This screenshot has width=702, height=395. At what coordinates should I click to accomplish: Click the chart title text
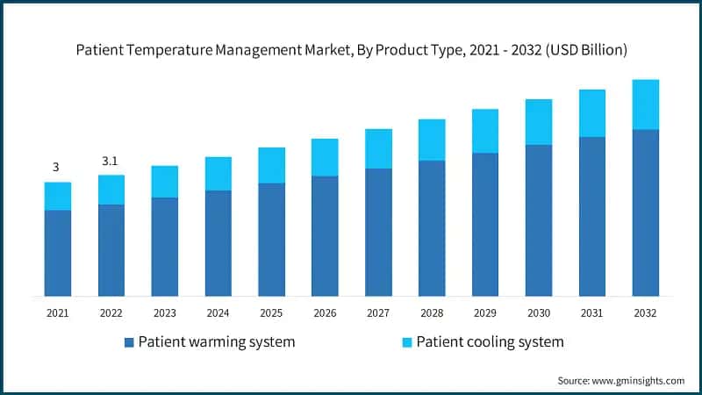351,50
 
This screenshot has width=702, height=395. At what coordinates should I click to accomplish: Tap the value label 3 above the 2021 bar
56,167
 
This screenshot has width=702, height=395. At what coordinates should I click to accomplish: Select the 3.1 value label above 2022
111,162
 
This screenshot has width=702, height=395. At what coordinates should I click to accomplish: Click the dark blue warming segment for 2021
57,253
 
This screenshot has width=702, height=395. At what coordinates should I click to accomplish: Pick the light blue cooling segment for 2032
645,104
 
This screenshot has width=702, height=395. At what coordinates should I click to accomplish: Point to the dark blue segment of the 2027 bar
378,232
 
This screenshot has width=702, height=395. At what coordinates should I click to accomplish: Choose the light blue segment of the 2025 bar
271,165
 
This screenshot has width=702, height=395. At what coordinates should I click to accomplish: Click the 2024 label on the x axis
218,312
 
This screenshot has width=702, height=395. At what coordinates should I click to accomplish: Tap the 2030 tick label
538,312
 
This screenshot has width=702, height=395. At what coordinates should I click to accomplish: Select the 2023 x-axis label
164,312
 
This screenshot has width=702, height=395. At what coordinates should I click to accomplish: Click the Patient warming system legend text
216,341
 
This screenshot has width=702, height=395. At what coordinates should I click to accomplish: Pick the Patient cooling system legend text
490,341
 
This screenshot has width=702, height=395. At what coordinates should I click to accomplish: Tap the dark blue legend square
130,341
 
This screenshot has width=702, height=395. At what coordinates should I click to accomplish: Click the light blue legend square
407,341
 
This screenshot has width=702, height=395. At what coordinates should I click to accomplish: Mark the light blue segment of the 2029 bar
484,131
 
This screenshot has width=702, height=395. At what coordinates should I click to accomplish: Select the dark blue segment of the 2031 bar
591,216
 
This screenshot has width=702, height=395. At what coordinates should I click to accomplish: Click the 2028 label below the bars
431,312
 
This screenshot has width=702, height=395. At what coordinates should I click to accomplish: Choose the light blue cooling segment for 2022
111,190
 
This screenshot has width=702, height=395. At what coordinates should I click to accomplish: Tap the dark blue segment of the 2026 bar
325,235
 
